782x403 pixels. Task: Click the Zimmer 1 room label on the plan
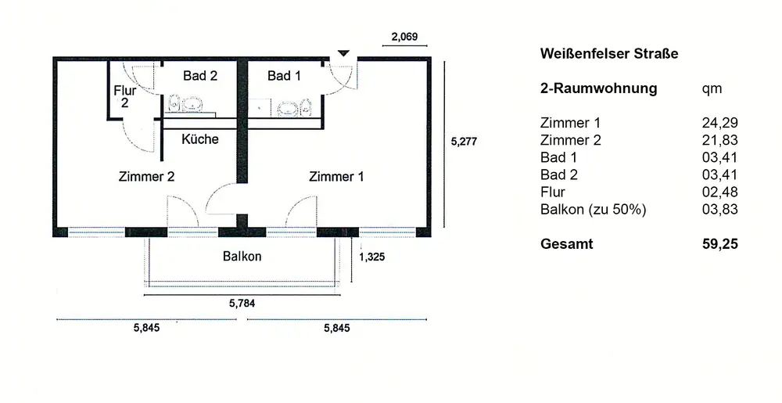[336, 177]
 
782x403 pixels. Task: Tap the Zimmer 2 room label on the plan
[147, 177]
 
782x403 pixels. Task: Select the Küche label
[200, 139]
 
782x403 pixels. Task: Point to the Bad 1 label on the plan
[285, 76]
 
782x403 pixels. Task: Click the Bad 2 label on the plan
[200, 76]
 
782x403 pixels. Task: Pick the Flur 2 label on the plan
[124, 97]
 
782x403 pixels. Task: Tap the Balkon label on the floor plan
[242, 257]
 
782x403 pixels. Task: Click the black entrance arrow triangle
[343, 53]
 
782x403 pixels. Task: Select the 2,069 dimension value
[404, 37]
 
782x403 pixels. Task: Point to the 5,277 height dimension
[464, 142]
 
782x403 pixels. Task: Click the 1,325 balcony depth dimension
[372, 257]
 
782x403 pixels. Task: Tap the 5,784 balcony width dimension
[242, 303]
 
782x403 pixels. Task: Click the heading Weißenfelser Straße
[609, 54]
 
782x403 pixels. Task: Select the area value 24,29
[719, 123]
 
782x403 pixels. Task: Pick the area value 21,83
[719, 140]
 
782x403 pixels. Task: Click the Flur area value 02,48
[719, 192]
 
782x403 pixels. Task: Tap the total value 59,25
[719, 244]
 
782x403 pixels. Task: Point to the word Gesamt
[566, 244]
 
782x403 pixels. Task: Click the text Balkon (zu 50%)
[593, 210]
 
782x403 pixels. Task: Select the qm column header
[712, 89]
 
